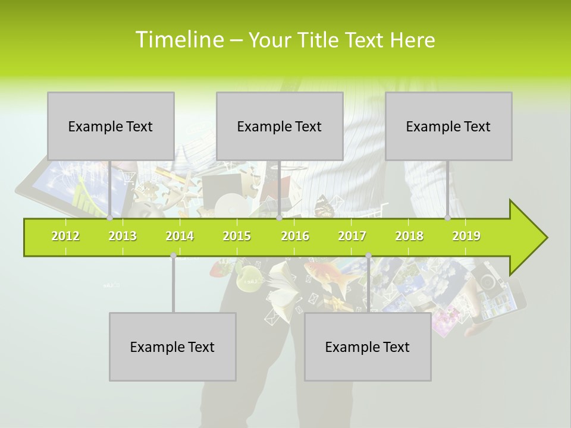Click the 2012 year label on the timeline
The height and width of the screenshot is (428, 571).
click(x=65, y=236)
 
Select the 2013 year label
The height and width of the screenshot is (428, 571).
click(x=123, y=236)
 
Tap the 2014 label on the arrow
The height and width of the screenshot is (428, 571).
click(x=180, y=236)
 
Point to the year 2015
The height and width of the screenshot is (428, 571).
click(x=237, y=236)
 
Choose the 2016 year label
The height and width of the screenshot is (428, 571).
click(x=295, y=236)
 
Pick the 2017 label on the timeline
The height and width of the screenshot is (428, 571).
click(x=352, y=236)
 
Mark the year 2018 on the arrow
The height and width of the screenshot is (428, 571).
click(x=409, y=236)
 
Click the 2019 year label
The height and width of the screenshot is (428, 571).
click(x=466, y=236)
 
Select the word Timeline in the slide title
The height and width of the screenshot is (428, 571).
click(x=179, y=40)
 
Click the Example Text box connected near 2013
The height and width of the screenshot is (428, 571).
click(x=111, y=126)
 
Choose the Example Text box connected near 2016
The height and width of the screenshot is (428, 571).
click(x=280, y=126)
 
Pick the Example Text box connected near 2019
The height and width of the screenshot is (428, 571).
click(x=448, y=126)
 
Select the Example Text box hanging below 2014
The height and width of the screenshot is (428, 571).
click(x=172, y=347)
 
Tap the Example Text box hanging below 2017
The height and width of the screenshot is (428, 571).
click(x=368, y=347)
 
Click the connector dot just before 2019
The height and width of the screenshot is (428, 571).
click(x=448, y=218)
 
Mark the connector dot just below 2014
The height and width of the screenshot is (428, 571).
click(x=173, y=256)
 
